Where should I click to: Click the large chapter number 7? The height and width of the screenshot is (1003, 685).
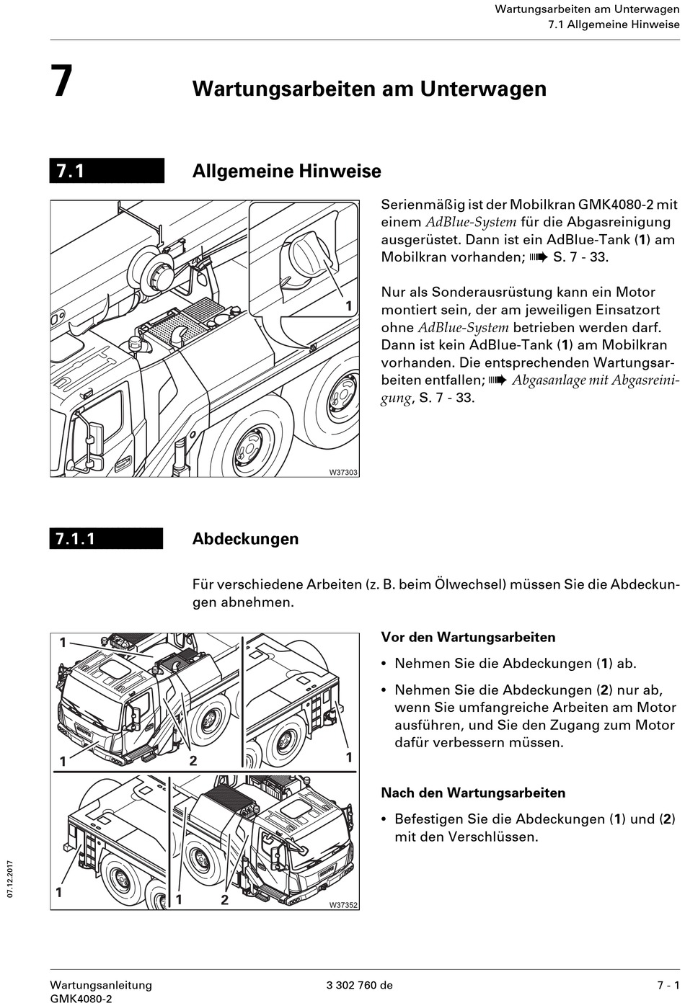point(62,81)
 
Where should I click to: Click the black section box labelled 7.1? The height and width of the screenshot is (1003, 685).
point(107,171)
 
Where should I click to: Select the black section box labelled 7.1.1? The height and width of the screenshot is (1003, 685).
point(106,538)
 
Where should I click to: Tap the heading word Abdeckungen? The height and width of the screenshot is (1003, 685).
point(245,539)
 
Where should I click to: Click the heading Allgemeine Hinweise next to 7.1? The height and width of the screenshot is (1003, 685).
point(286,171)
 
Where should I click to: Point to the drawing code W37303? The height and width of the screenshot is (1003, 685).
point(343,472)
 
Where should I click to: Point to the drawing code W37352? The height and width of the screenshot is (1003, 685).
point(343,905)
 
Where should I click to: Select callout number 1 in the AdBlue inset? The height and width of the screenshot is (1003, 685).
point(348,306)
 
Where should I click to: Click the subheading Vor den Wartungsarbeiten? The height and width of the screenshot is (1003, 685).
point(468,637)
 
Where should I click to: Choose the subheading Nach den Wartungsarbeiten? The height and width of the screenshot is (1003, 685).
point(472,793)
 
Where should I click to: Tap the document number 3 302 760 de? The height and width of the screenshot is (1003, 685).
point(359,985)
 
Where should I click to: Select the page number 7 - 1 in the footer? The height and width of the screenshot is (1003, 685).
point(668,985)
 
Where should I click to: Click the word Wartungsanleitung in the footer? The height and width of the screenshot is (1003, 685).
point(101,985)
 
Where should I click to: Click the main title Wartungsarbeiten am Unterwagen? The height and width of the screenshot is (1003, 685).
point(369,89)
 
